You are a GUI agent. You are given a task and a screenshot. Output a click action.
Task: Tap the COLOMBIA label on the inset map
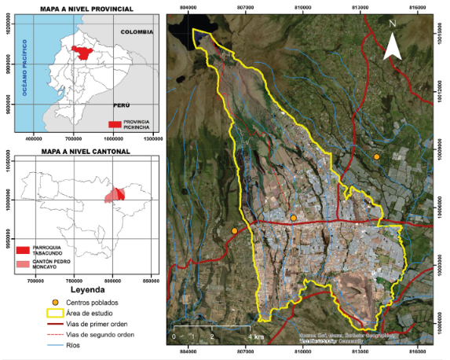137,31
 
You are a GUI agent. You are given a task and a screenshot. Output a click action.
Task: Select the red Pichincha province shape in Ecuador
79,52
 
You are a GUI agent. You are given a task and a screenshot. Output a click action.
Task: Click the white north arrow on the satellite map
394,48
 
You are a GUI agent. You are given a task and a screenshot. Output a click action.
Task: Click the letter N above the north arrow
393,24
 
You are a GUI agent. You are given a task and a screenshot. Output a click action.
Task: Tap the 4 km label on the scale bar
256,336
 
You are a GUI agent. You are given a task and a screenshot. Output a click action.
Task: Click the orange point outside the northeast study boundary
377,157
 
